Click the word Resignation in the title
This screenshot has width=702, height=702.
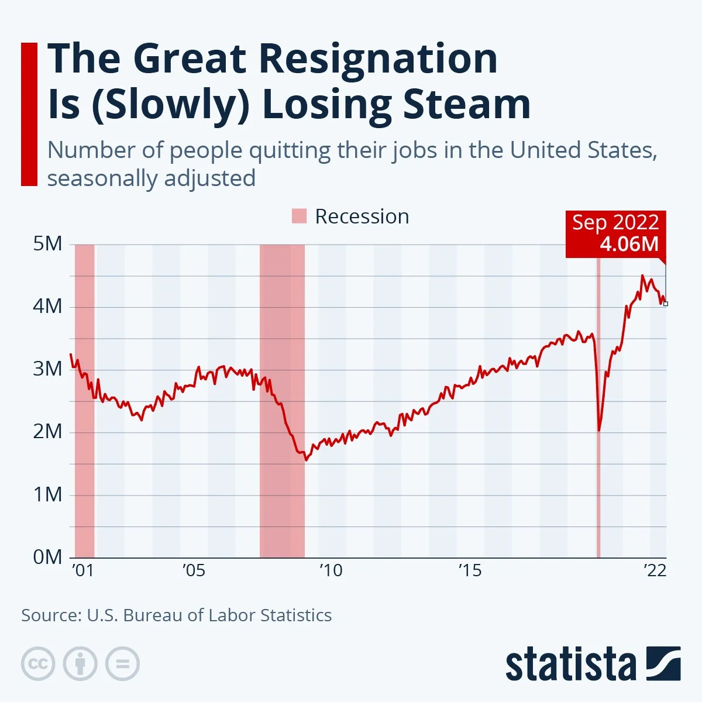(377, 59)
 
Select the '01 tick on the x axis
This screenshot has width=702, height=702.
(82, 570)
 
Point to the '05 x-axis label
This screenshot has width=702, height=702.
(194, 570)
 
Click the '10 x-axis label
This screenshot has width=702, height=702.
(331, 570)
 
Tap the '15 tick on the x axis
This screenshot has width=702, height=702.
(470, 570)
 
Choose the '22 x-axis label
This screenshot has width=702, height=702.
(655, 570)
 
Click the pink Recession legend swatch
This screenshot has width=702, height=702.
(299, 216)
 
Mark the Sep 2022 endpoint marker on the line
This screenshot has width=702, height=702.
(665, 304)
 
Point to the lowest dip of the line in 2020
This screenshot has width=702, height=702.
(599, 431)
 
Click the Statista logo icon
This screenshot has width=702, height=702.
(663, 663)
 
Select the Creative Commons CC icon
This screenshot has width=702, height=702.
(38, 664)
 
